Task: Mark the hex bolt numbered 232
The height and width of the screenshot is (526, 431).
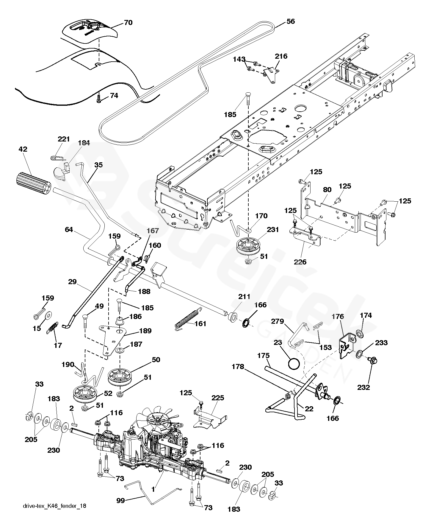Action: tap(372, 362)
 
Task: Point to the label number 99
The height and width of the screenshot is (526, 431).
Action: tap(120, 500)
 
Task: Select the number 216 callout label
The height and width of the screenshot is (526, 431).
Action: tap(281, 56)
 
